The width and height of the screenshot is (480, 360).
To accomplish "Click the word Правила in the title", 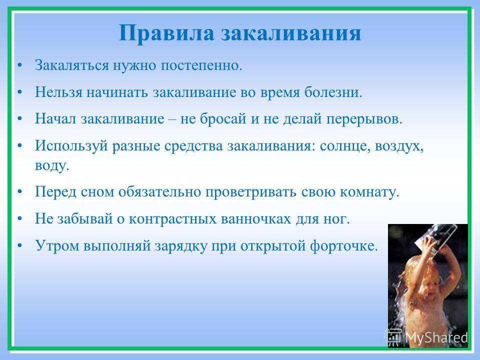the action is [166, 33].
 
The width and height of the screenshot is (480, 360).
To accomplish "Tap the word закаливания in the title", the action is [291, 33].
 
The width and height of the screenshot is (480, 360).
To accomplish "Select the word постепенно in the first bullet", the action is [201, 65].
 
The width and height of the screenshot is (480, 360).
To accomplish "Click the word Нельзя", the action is [58, 92].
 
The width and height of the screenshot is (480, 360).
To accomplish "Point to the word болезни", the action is [333, 91].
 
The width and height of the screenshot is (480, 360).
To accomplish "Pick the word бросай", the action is [223, 118].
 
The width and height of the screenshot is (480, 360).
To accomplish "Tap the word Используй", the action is [71, 145].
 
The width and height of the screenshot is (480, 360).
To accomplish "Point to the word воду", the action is [52, 165].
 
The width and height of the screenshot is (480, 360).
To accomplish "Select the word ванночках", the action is [255, 219].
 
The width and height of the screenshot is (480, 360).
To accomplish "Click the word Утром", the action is [57, 245].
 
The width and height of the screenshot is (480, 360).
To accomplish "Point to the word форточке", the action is [344, 245].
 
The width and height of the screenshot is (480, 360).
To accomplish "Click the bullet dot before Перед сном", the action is [20, 192].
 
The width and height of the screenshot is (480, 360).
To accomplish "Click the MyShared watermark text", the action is [436, 337].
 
